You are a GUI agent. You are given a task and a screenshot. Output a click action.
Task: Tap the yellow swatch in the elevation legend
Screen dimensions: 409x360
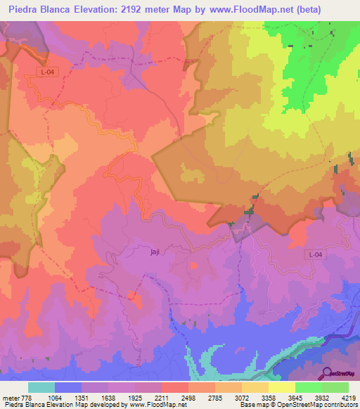[x=281, y=387]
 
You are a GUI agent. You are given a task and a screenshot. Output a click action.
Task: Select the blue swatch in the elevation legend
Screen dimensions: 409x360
[x=68, y=387]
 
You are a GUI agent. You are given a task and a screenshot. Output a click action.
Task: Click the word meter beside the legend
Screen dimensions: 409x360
[x=10, y=398]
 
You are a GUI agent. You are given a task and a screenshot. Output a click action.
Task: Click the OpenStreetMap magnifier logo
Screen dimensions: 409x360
[x=326, y=372]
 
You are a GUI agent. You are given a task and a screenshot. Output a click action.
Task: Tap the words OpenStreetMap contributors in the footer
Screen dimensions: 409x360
[x=321, y=405]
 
